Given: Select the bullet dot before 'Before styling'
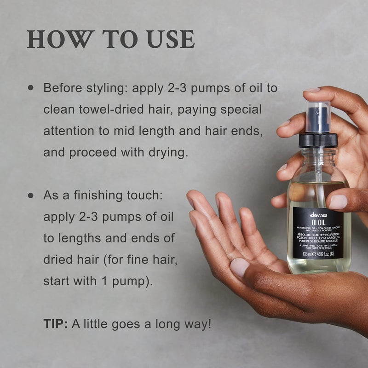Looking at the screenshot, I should coord(31,87).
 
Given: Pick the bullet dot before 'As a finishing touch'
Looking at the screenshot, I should coord(31,195).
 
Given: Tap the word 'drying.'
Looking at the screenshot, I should coord(166,153).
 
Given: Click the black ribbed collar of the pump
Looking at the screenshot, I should coord(318,140).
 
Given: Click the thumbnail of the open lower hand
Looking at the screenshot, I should coord(240,267).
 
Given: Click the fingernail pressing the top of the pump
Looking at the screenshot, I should coord(312,90).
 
